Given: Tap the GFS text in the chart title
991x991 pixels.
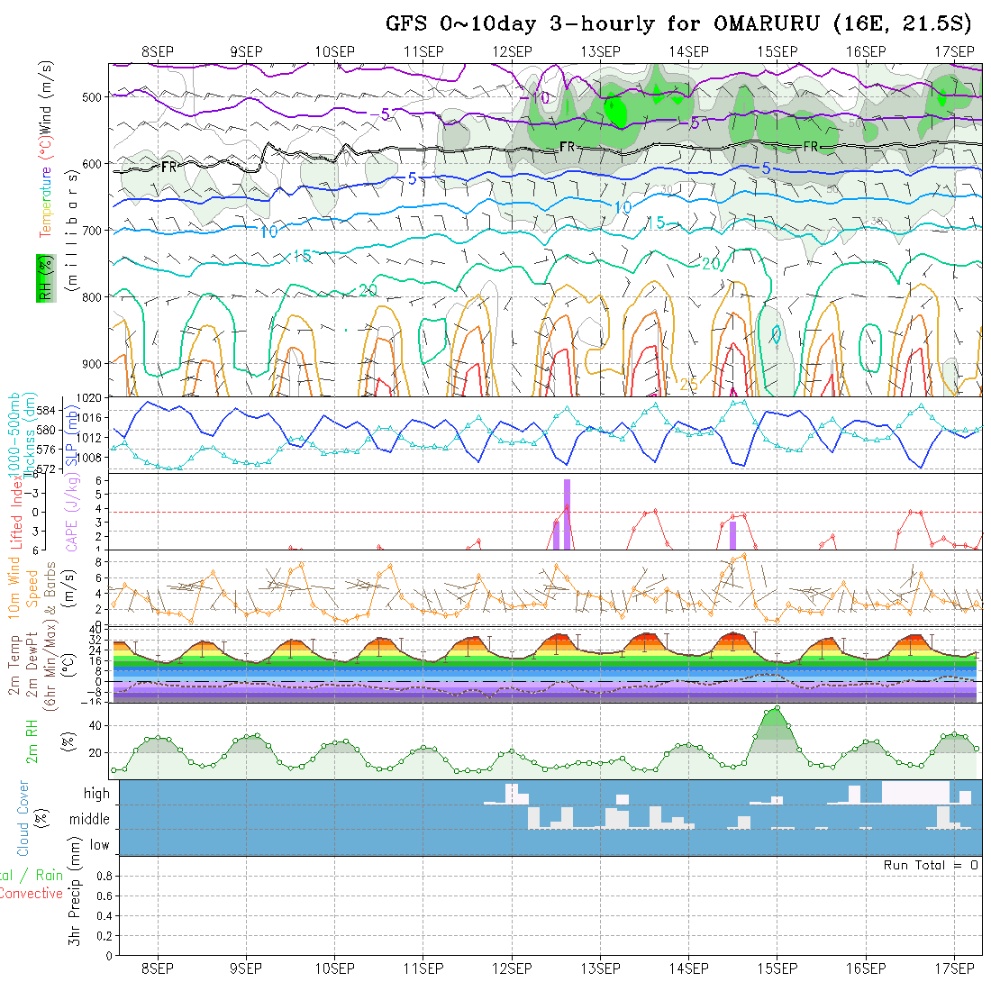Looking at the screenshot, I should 406,23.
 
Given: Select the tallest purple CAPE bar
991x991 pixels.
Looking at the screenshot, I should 567,514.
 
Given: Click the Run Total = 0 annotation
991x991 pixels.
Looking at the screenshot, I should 931,865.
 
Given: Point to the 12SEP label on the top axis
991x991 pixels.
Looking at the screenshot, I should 512,50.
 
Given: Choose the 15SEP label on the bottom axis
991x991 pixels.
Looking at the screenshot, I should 777,968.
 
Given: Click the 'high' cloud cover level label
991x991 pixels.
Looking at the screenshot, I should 96,794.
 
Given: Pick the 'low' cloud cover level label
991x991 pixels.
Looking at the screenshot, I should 99,845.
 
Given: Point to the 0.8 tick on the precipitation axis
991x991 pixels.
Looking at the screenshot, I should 103,876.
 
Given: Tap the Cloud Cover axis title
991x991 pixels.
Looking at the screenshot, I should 23,818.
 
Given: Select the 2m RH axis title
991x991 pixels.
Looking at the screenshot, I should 32,741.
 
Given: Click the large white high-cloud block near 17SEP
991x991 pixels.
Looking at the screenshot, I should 914,792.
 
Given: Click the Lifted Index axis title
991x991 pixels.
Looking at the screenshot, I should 15,514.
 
